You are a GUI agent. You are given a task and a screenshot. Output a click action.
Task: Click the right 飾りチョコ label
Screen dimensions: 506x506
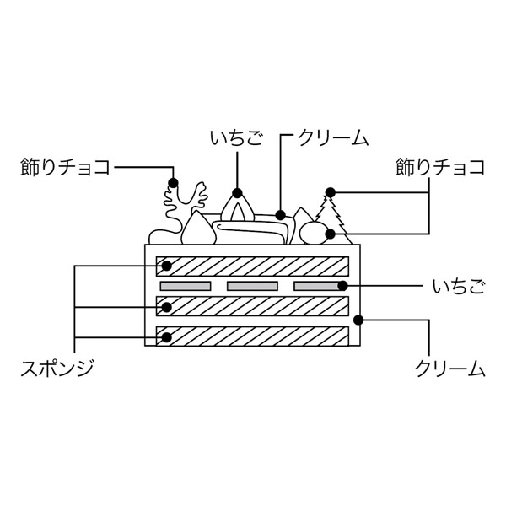[440, 166]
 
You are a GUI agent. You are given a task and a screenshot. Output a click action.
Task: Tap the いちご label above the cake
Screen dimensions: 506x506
[237, 137]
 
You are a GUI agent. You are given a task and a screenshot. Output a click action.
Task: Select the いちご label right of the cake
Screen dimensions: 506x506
[458, 287]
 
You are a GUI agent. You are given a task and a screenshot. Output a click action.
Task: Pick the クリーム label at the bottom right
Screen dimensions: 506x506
[450, 369]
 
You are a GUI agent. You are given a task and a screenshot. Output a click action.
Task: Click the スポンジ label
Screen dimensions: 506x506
[56, 369]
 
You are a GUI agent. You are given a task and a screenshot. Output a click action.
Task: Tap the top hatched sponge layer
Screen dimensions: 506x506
[253, 266]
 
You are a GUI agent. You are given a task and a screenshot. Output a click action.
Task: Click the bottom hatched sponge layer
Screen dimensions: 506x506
[253, 336]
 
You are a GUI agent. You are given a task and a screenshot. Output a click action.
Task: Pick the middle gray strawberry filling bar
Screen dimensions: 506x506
[252, 286]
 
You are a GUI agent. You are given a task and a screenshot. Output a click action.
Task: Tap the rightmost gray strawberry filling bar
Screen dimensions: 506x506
[320, 286]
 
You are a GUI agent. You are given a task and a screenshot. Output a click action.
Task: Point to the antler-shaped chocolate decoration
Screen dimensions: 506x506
[181, 202]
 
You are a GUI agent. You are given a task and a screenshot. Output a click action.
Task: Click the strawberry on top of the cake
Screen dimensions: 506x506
[240, 207]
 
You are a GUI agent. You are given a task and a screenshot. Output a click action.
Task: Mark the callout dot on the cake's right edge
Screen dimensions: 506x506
[358, 320]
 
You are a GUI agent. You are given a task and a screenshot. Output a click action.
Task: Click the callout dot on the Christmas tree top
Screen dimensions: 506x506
[331, 192]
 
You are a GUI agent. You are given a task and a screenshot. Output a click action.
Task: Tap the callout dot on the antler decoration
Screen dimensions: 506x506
[174, 181]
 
